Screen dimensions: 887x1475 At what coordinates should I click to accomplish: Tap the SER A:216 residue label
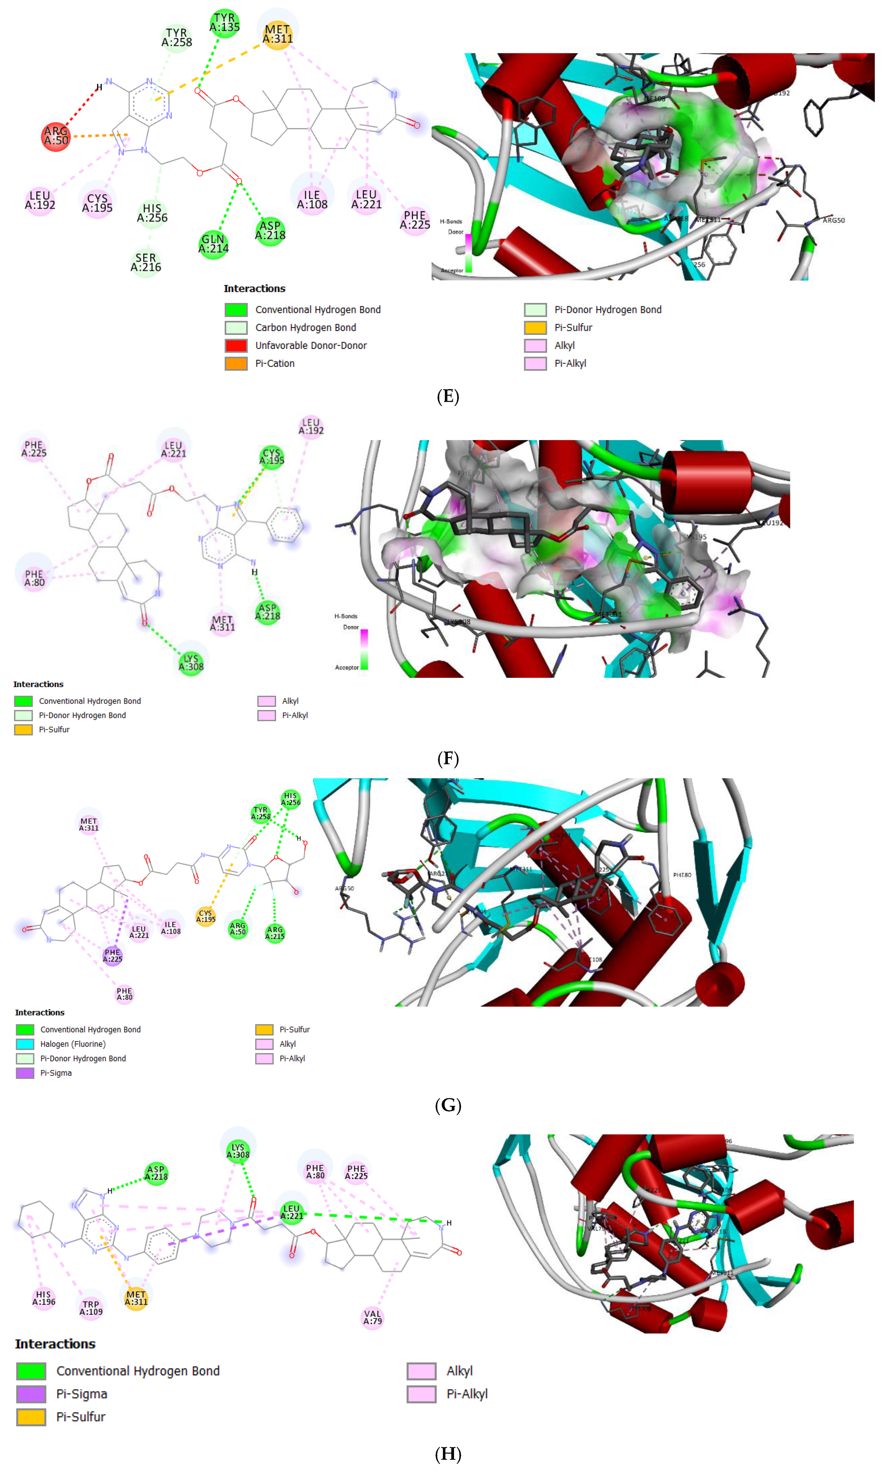(x=146, y=263)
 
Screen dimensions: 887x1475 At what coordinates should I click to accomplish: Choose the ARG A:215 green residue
(x=275, y=933)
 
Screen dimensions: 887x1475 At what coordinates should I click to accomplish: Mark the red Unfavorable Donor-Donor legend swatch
(x=236, y=346)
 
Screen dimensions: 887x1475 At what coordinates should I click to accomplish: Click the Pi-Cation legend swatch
(x=236, y=363)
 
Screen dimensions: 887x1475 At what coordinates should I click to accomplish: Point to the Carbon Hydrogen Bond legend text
(x=305, y=328)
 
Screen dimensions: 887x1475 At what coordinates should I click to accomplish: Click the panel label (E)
(x=448, y=397)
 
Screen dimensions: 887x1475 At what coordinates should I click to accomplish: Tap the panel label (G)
(x=448, y=1105)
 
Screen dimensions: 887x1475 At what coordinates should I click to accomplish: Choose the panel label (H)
(x=448, y=1453)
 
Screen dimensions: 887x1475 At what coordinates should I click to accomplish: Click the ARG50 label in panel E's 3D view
(x=833, y=221)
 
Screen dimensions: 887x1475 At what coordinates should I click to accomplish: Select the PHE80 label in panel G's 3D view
(x=682, y=875)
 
